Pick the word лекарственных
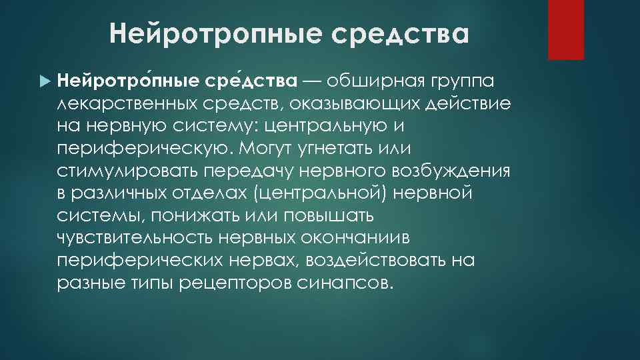[x=126, y=104]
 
